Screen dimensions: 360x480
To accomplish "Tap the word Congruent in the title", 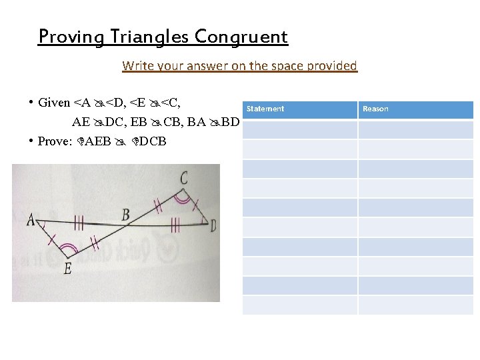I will pyautogui.click(x=242, y=36).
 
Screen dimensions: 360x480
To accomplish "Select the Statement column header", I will pyautogui.click(x=265, y=109).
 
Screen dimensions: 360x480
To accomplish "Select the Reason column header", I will pyautogui.click(x=375, y=109).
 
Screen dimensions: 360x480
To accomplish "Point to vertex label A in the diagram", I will pyautogui.click(x=31, y=219).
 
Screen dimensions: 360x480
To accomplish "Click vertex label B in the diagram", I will pyautogui.click(x=125, y=214).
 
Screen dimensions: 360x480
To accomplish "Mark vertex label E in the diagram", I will pyautogui.click(x=67, y=268).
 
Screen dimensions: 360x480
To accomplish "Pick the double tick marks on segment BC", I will pyautogui.click(x=158, y=204).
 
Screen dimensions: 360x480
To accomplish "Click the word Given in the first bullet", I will pyautogui.click(x=54, y=103).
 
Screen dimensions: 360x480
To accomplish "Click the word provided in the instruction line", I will pyautogui.click(x=333, y=66).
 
